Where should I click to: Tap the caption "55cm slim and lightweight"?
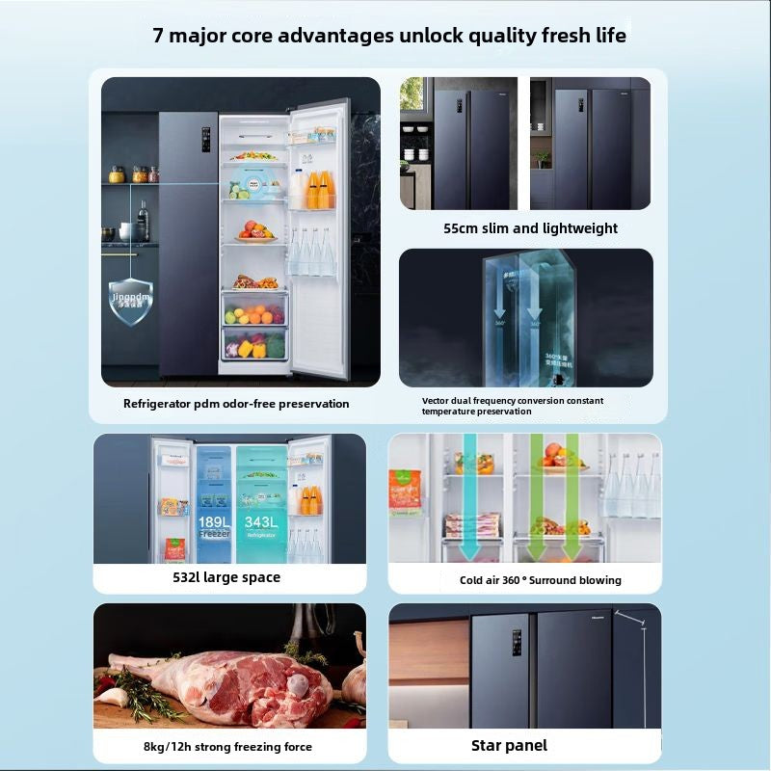pos(530,228)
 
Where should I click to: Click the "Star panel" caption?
pos(509,745)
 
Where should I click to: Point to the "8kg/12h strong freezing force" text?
pos(228,746)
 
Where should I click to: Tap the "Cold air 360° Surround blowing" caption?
pos(540,580)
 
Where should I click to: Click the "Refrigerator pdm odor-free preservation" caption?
pos(236,404)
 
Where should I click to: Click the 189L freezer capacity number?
pos(214,521)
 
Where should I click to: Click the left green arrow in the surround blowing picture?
pos(474,501)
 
